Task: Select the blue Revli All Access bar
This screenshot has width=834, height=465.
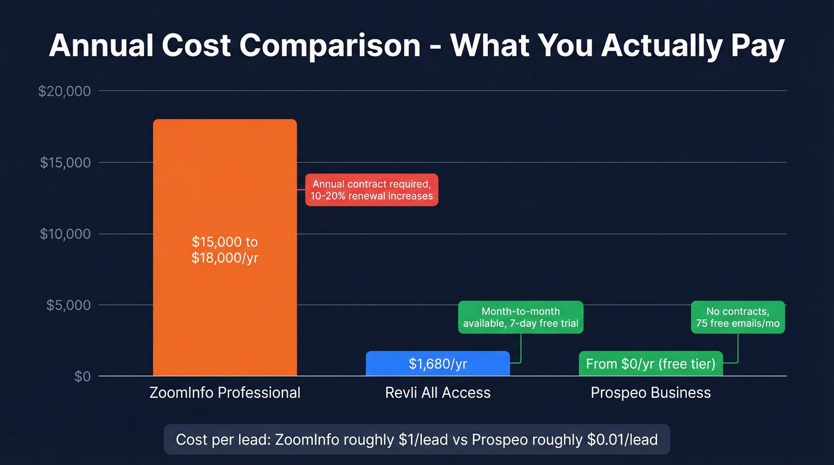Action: tap(438, 363)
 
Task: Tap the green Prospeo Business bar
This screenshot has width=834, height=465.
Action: tap(651, 363)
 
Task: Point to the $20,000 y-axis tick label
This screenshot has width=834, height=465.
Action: tap(64, 91)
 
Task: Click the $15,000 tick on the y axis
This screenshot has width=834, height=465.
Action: tap(65, 163)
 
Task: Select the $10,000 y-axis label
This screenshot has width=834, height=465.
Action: tap(65, 234)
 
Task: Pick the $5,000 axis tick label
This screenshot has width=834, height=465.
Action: tap(69, 305)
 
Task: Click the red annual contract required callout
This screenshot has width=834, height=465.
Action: tap(372, 190)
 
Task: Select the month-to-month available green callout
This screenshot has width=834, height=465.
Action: tap(521, 317)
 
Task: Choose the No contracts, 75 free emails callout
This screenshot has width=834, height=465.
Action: tap(737, 317)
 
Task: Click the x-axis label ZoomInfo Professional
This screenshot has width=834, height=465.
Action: tap(225, 393)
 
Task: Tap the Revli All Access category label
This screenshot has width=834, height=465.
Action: tap(438, 393)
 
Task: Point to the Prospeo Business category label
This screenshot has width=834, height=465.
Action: tap(651, 393)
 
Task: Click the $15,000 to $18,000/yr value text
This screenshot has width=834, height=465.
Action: tap(225, 250)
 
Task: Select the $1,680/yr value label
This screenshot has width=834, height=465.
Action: tap(438, 364)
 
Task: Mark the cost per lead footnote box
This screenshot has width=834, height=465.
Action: tap(417, 440)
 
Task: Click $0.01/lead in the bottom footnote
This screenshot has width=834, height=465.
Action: tap(623, 440)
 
